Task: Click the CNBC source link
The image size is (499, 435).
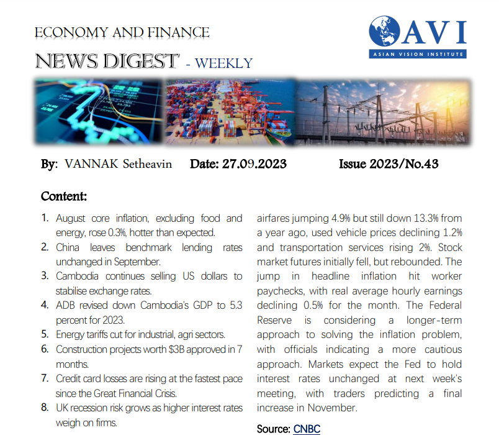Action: click(307, 429)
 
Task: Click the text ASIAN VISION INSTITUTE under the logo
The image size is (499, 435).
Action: click(416, 54)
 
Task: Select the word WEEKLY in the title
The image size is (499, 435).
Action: click(225, 63)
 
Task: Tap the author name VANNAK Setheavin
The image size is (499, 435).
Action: click(117, 164)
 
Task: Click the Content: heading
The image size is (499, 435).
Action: click(64, 197)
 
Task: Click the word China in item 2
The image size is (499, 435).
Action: click(69, 247)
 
